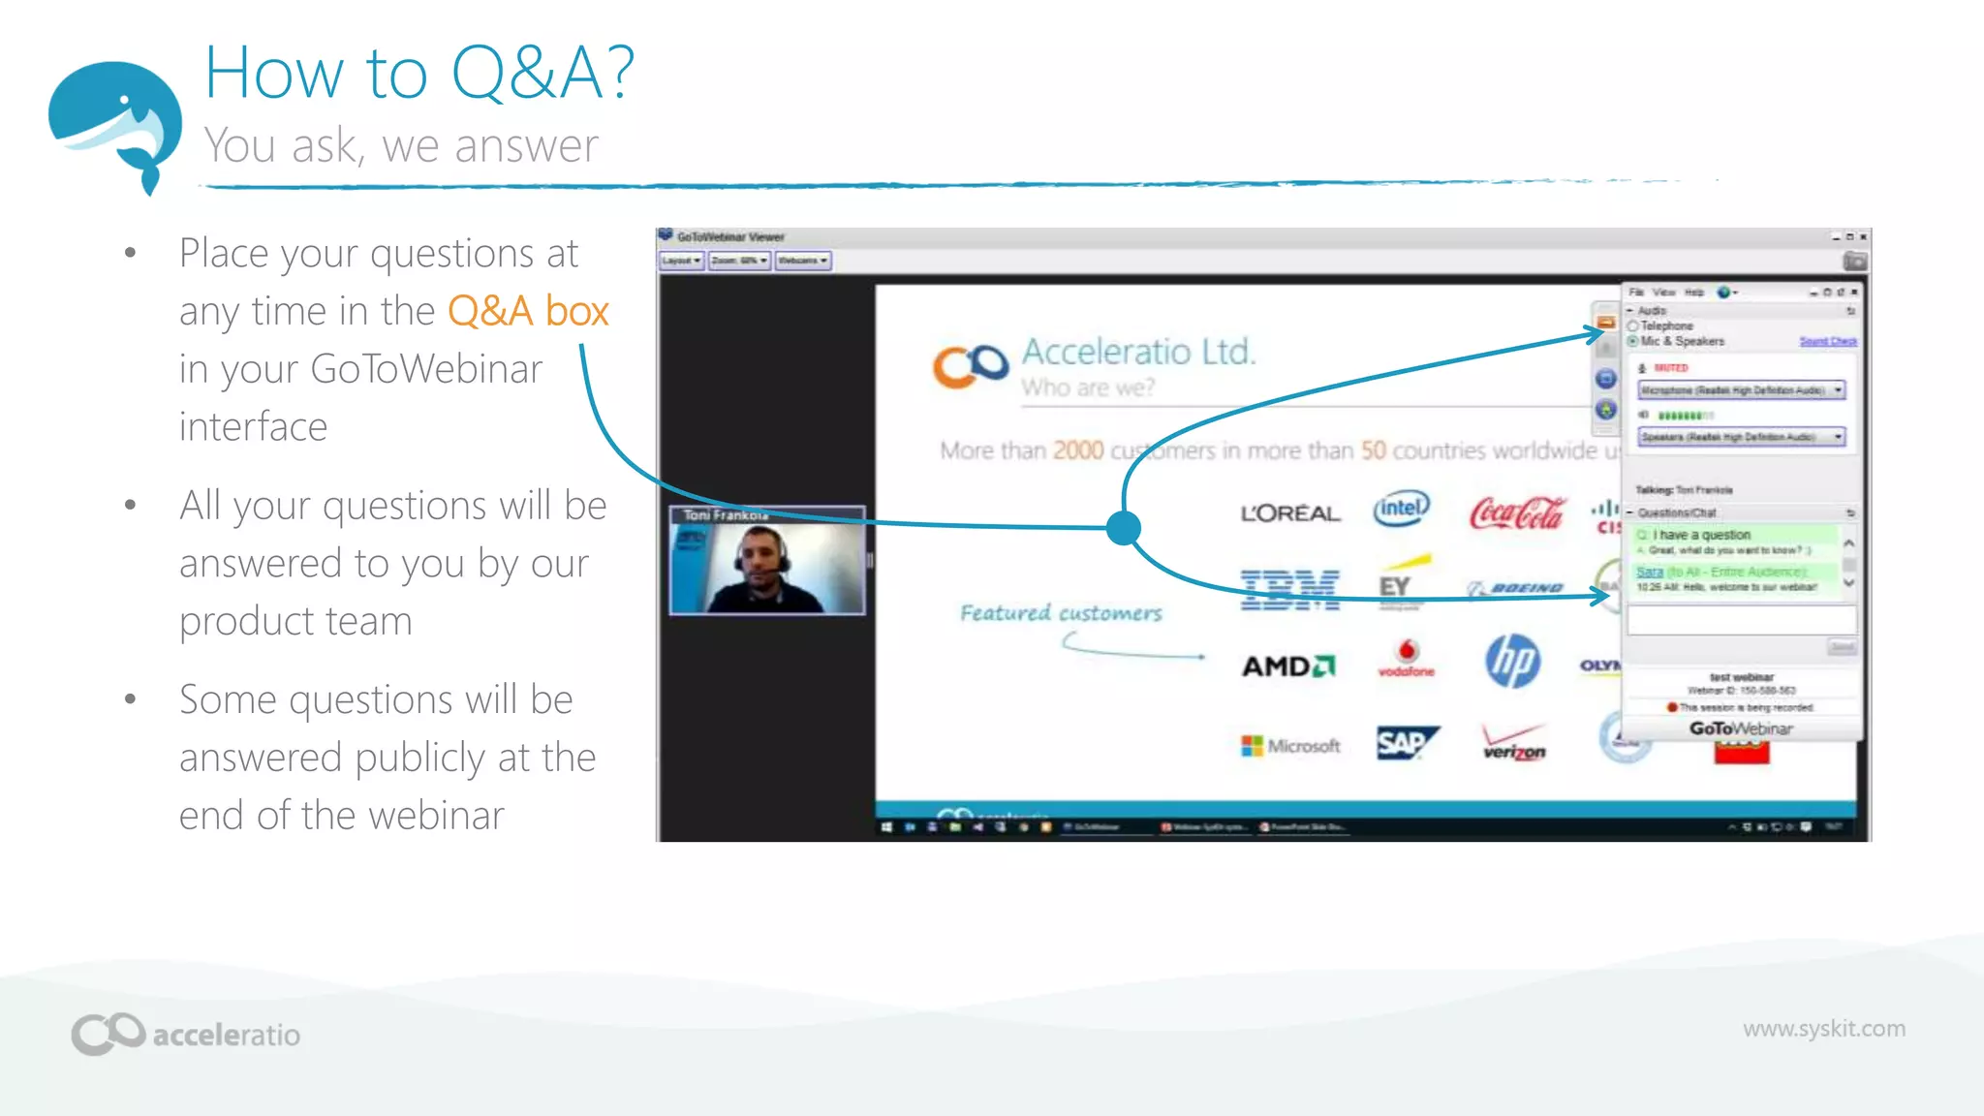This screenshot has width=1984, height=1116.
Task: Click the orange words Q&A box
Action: (x=528, y=312)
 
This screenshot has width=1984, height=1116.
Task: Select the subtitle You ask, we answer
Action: (x=401, y=146)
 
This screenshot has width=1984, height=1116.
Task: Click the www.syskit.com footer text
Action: (x=1823, y=1029)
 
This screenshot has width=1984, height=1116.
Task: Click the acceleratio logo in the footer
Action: (x=186, y=1034)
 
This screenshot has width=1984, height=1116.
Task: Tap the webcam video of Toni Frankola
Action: (x=766, y=568)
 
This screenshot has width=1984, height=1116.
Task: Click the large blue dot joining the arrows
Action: (x=1123, y=528)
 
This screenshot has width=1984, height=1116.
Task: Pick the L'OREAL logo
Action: (x=1290, y=513)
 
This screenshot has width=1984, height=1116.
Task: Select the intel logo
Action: (x=1401, y=509)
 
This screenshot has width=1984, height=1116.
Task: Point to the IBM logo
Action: (x=1289, y=588)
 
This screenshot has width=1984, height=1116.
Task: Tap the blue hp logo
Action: (x=1512, y=662)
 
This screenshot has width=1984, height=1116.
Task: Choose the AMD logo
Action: (x=1288, y=666)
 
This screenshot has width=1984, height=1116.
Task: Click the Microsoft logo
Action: (x=1291, y=746)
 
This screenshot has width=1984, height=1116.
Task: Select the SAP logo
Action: (x=1406, y=743)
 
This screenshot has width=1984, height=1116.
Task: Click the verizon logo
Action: (x=1514, y=744)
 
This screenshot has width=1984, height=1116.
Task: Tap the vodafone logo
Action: (x=1407, y=658)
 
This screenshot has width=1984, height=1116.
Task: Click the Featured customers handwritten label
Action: (x=1061, y=613)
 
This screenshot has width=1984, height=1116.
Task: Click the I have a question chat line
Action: (x=1701, y=535)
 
